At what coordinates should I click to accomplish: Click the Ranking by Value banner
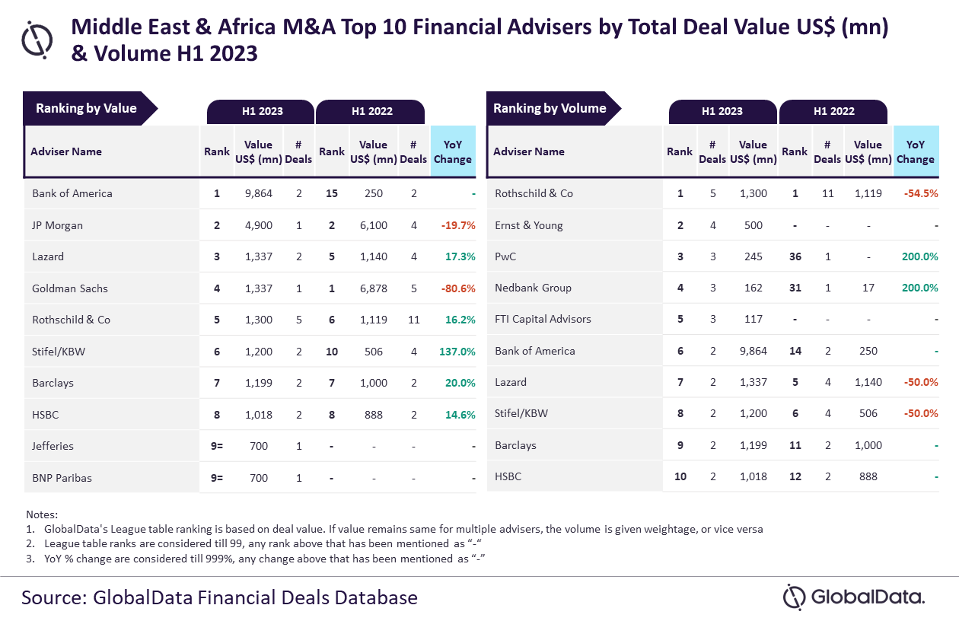pos(87,109)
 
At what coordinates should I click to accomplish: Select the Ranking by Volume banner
pos(550,109)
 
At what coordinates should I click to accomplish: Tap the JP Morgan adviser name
pos(57,225)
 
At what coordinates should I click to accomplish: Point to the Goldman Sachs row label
pos(70,288)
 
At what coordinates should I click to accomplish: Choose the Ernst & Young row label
pos(528,225)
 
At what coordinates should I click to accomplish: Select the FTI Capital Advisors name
pos(543,319)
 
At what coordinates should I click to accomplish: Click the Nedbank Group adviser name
pos(533,288)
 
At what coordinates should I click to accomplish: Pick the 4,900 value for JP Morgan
pos(258,225)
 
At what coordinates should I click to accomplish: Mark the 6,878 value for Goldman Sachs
pos(373,288)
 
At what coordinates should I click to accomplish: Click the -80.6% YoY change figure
pos(458,288)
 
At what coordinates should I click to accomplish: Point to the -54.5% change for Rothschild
pos(920,193)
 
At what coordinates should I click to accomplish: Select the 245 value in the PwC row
pos(753,256)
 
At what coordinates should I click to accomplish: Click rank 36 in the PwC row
pos(795,256)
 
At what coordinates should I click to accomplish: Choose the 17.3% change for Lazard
pos(460,256)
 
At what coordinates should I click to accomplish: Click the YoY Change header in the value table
pos(453,151)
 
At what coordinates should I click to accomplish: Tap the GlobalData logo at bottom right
pos(854,597)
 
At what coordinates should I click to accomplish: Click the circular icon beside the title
pos(37,39)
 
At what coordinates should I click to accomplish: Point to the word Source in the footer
pos(50,597)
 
